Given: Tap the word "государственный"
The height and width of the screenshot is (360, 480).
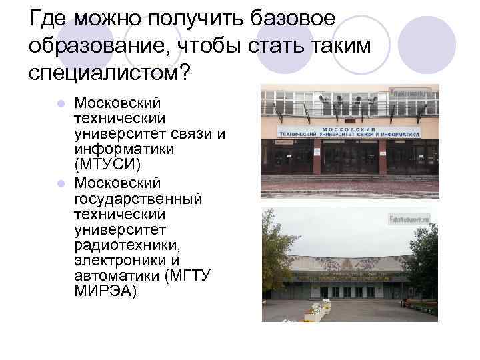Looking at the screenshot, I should tap(138, 199).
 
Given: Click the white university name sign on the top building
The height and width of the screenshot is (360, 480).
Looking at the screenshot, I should tap(349, 131).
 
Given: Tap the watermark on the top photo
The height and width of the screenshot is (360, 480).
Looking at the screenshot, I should tap(413, 92).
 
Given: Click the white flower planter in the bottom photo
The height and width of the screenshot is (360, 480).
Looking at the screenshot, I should tap(317, 311).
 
